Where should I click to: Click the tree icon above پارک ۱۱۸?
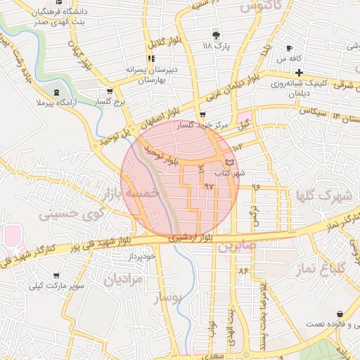(216, 34)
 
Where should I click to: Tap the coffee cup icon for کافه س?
(289, 48)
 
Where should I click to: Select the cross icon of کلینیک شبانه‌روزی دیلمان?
(300, 72)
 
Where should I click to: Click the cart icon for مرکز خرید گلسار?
(202, 115)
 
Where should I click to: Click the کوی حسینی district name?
(72, 212)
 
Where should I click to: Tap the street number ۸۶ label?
(243, 270)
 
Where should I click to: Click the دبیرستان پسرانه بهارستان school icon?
(150, 59)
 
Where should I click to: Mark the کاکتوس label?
(256, 7)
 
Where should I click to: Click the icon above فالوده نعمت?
(340, 313)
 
